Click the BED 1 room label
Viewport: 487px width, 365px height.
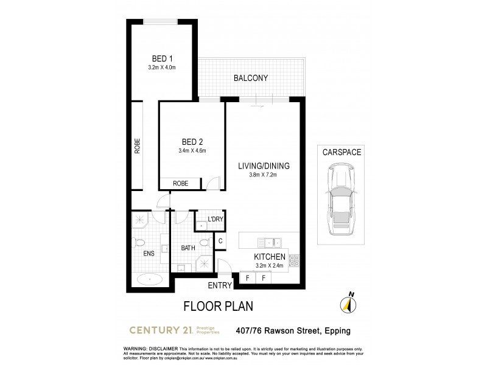[161, 58]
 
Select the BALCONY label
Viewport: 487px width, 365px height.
[251, 78]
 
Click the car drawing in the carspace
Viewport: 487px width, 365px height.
[340, 202]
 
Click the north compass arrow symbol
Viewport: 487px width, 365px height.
[349, 305]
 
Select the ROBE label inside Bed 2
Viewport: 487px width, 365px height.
[180, 183]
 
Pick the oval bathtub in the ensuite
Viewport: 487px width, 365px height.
[149, 280]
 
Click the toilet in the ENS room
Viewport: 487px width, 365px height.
[136, 242]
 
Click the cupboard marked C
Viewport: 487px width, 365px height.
[220, 242]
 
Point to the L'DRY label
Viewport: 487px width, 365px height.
[215, 219]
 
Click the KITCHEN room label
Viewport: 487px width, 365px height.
[270, 257]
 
